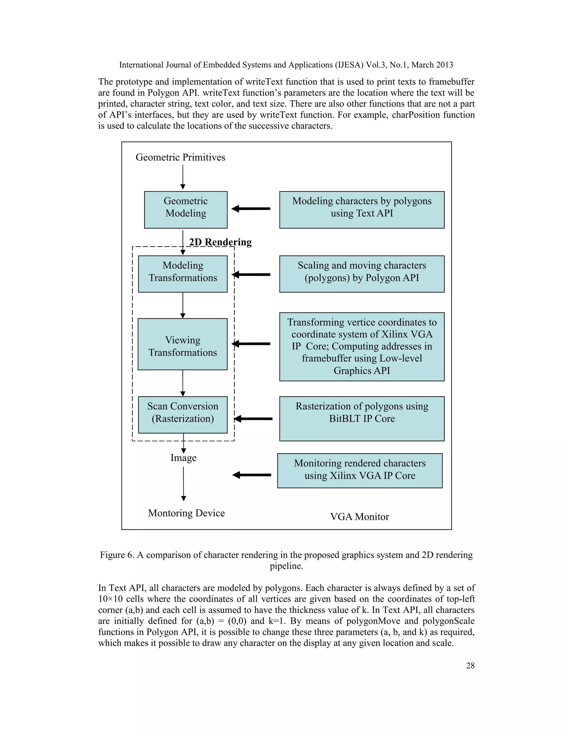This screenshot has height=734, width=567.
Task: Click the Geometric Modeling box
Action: pyautogui.click(x=185, y=210)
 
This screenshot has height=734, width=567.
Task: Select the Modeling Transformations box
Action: pyautogui.click(x=182, y=274)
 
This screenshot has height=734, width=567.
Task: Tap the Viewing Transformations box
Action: pyautogui.click(x=182, y=344)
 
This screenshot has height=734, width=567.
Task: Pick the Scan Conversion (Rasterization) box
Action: pyautogui.click(x=182, y=415)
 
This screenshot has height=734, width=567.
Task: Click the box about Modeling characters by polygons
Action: pyautogui.click(x=362, y=210)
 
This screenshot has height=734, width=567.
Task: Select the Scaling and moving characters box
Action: pyautogui.click(x=362, y=274)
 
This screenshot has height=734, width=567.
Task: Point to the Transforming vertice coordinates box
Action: pyautogui.click(x=362, y=347)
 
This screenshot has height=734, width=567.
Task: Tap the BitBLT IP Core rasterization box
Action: pyautogui.click(x=362, y=419)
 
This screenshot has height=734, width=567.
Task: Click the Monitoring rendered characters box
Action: pyautogui.click(x=359, y=471)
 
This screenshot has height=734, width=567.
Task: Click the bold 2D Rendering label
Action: pyautogui.click(x=220, y=242)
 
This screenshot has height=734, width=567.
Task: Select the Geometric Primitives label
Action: pyautogui.click(x=181, y=157)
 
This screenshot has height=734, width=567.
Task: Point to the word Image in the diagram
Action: pyautogui.click(x=183, y=458)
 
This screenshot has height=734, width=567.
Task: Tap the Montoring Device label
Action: pyautogui.click(x=186, y=513)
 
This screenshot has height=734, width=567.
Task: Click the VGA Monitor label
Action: pyautogui.click(x=359, y=517)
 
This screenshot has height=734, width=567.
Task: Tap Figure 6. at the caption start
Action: pyautogui.click(x=117, y=555)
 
